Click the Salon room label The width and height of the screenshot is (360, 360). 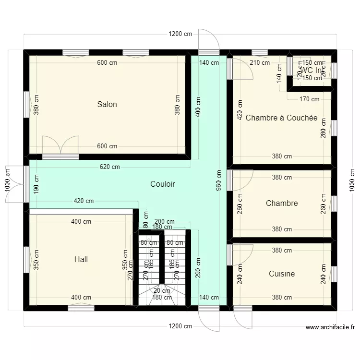point(107,104)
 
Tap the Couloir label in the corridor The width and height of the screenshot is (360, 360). point(162,184)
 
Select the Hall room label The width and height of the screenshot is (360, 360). point(81,260)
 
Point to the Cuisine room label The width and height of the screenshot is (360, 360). point(282,274)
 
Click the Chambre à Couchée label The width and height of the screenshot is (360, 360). point(281,118)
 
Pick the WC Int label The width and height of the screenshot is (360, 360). point(310,70)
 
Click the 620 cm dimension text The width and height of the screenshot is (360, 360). point(110,167)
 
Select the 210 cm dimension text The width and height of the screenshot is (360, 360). point(260,62)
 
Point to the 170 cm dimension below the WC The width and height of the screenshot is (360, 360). point(309,99)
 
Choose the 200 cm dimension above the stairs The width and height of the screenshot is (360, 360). point(165,222)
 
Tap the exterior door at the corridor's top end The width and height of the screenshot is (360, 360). point(209,41)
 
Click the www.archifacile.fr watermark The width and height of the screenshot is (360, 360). point(330,328)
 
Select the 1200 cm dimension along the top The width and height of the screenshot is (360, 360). point(180,34)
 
